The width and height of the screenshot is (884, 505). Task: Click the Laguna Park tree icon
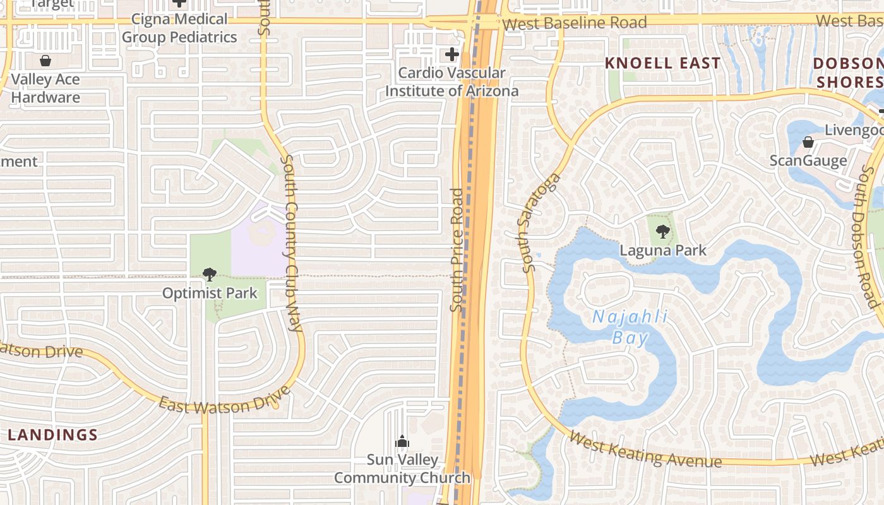tap(662, 232)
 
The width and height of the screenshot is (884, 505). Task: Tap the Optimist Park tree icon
tap(209, 275)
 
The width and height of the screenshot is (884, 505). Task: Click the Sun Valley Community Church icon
tap(402, 441)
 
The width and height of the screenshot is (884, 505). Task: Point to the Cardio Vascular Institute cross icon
tap(452, 54)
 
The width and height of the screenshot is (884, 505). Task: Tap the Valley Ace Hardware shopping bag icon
tap(45, 61)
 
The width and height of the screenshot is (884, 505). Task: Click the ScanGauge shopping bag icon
tap(808, 142)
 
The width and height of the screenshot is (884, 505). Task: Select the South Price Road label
tap(457, 250)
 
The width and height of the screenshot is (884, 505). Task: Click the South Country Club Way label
tap(291, 244)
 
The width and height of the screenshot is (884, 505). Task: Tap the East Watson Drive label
tap(224, 401)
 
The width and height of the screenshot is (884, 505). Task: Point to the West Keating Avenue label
tap(645, 449)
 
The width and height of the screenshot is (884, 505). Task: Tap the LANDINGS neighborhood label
tap(53, 435)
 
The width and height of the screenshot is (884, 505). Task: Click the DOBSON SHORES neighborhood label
tap(848, 73)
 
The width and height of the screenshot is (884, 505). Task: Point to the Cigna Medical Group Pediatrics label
tap(179, 28)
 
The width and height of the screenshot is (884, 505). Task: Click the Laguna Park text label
tap(663, 250)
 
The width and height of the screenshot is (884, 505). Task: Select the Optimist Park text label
tap(210, 294)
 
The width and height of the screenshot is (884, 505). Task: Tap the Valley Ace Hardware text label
tap(45, 88)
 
